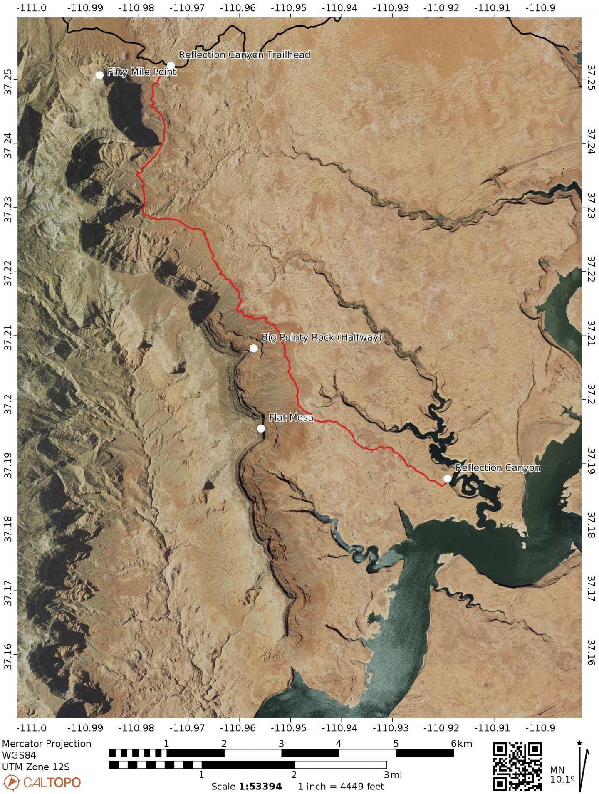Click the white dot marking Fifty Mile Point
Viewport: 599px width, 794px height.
pos(99,75)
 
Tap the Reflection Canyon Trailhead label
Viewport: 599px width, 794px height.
pos(244,55)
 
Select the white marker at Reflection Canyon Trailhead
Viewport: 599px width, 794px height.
pos(171,65)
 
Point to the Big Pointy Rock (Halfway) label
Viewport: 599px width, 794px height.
pos(321,337)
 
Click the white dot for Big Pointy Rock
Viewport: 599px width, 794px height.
pos(254,348)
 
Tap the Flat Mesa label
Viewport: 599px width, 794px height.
pos(291,417)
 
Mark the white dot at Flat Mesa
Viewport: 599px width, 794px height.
pos(261,428)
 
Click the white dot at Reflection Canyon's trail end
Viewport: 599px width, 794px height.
pos(447,478)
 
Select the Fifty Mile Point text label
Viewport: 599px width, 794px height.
pos(142,72)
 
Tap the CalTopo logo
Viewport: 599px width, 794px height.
pos(42,782)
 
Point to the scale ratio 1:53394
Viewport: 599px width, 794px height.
pos(260,787)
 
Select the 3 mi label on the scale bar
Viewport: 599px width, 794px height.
pos(393,774)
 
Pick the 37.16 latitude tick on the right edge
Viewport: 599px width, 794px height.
pos(591,653)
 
